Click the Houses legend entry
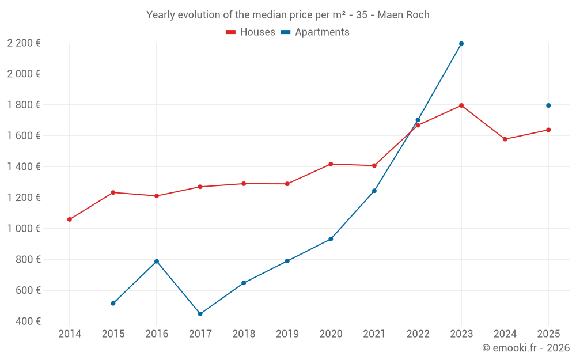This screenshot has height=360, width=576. click(x=251, y=32)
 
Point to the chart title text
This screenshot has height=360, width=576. click(x=288, y=15)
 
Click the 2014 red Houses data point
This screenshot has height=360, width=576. click(x=70, y=219)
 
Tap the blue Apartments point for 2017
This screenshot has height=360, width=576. click(x=200, y=314)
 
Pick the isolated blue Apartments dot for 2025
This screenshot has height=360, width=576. click(x=548, y=105)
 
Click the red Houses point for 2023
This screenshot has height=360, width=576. click(x=461, y=105)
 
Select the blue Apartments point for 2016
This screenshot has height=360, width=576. click(x=157, y=262)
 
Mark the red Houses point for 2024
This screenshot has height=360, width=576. click(x=505, y=139)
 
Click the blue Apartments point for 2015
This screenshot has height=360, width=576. click(x=113, y=304)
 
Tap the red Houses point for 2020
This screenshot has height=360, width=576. click(x=331, y=164)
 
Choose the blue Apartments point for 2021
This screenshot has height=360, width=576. click(x=374, y=191)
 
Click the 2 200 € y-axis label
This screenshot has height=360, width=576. click(x=24, y=43)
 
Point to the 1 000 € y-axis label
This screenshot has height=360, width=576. click(x=24, y=229)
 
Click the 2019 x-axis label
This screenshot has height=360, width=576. click(x=287, y=334)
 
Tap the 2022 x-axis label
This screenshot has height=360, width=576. click(x=418, y=334)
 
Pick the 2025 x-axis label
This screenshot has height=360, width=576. click(x=548, y=334)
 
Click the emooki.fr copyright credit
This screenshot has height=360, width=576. click(x=526, y=348)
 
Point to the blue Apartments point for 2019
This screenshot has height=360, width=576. click(x=287, y=261)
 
